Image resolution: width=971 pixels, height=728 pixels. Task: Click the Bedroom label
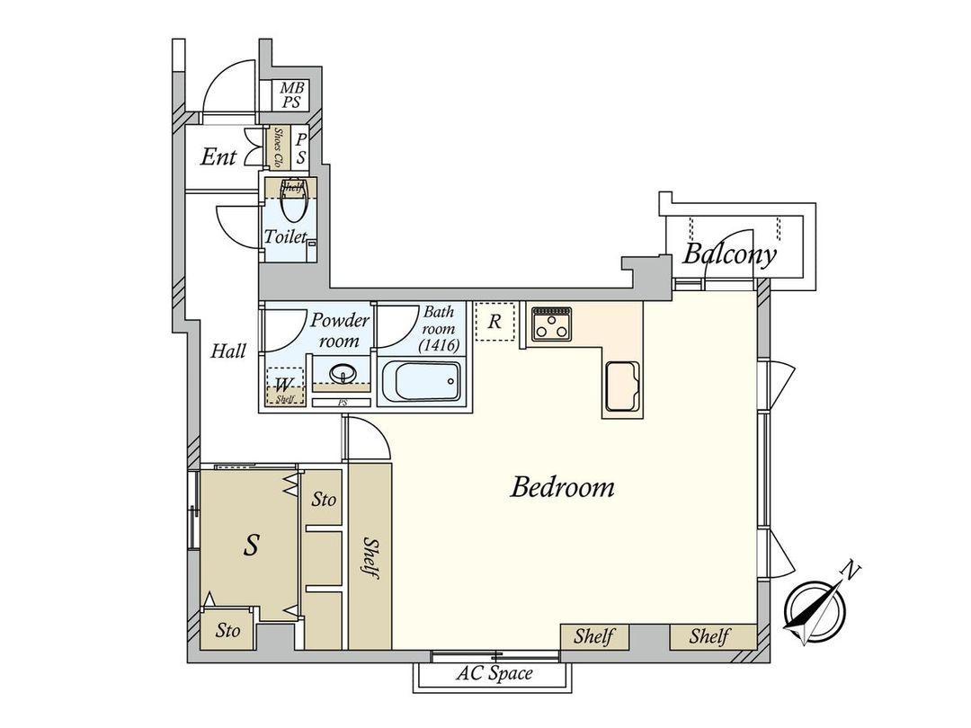(562, 487)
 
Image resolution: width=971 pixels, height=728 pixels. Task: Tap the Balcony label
(729, 254)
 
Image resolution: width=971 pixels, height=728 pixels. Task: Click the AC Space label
(494, 673)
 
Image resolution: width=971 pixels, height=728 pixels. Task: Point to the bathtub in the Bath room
(422, 382)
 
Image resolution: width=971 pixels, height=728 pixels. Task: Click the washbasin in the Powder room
(342, 373)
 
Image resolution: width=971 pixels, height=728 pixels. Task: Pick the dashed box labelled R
(494, 323)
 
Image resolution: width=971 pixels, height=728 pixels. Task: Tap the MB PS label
(290, 95)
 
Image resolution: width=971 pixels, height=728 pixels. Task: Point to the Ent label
(218, 157)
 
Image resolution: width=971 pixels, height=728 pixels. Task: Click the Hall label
(228, 351)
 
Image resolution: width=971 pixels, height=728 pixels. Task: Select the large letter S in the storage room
(254, 544)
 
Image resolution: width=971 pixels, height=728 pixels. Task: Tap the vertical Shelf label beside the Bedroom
(370, 558)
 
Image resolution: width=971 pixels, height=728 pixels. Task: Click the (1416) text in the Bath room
(440, 344)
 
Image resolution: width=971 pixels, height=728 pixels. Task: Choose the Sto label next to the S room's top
(324, 499)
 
